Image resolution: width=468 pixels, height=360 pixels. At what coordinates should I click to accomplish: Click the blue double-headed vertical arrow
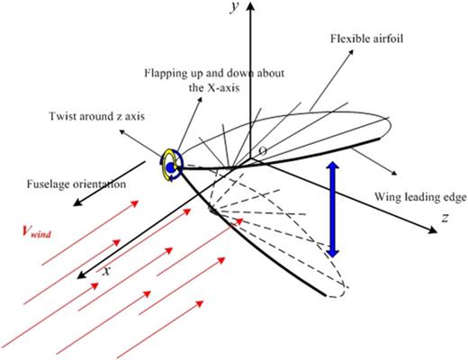coord(332,210)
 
